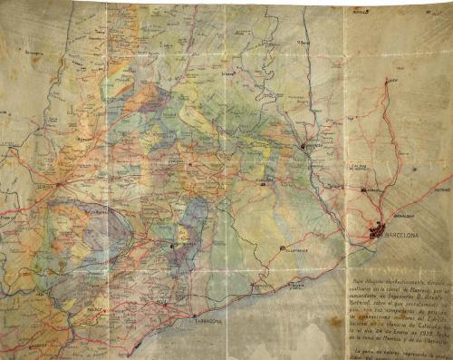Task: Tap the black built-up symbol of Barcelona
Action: tap(376, 232)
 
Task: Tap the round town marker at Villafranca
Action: tap(283, 247)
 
